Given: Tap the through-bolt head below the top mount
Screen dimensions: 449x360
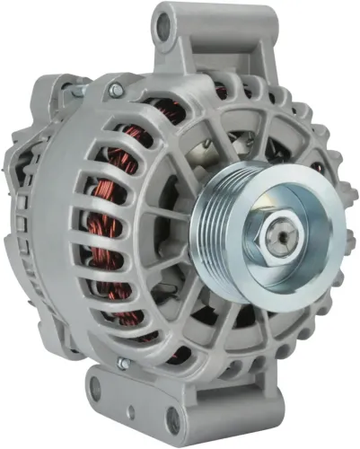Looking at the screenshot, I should point(115,90).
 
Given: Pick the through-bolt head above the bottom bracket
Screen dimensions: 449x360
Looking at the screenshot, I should point(123,364).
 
